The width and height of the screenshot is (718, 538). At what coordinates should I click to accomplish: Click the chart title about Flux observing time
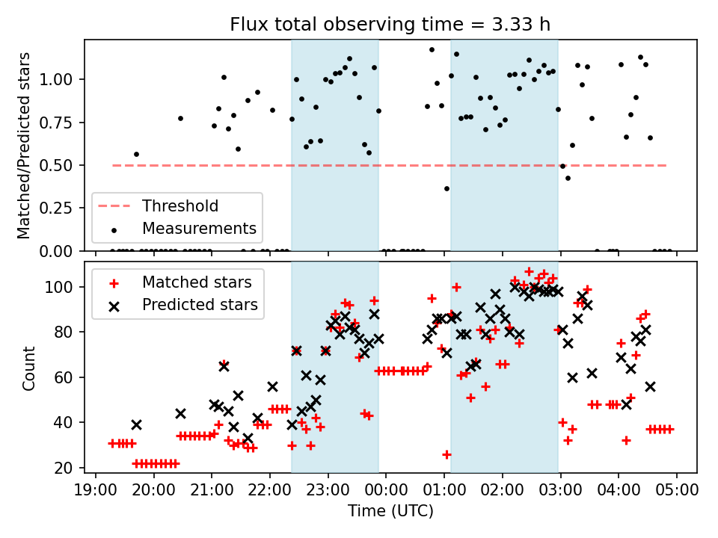pyautogui.click(x=390, y=25)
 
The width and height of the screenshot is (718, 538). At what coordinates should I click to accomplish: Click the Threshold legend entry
pyautogui.click(x=180, y=206)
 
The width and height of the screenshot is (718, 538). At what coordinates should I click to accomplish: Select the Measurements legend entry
pyautogui.click(x=199, y=228)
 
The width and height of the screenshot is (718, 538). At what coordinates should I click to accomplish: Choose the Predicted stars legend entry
pyautogui.click(x=200, y=305)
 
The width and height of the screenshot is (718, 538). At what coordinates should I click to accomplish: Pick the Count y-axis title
pyautogui.click(x=29, y=368)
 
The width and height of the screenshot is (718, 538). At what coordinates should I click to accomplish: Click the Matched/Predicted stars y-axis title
pyautogui.click(x=24, y=145)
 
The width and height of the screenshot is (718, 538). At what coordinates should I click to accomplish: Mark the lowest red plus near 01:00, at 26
pyautogui.click(x=447, y=454)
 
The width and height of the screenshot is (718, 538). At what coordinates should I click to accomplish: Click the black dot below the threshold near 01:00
pyautogui.click(x=447, y=188)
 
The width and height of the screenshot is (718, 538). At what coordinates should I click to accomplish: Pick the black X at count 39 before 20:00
pyautogui.click(x=136, y=424)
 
